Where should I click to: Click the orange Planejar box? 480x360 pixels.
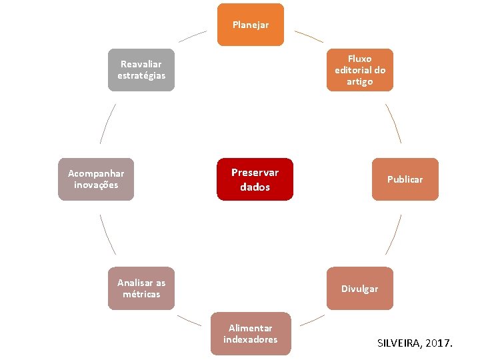click(250, 25)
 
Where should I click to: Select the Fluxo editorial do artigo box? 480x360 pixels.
click(359, 70)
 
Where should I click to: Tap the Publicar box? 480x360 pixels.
click(405, 179)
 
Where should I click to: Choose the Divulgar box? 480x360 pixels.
click(359, 289)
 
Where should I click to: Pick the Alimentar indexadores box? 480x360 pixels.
click(250, 333)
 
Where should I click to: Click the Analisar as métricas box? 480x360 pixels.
click(141, 289)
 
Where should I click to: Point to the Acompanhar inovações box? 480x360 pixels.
click(96, 179)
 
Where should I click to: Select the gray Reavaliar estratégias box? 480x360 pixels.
click(141, 70)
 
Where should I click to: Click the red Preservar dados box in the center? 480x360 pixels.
click(255, 179)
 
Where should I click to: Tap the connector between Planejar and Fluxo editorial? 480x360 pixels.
click(309, 36)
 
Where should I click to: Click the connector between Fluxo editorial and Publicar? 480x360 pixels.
click(393, 123)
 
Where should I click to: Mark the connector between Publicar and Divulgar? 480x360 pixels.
click(393, 234)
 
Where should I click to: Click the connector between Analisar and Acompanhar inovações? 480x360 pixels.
click(107, 234)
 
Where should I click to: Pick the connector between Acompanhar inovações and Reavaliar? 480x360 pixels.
click(107, 123)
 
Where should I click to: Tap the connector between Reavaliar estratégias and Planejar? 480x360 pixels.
click(193, 36)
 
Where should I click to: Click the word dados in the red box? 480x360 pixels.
click(255, 187)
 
